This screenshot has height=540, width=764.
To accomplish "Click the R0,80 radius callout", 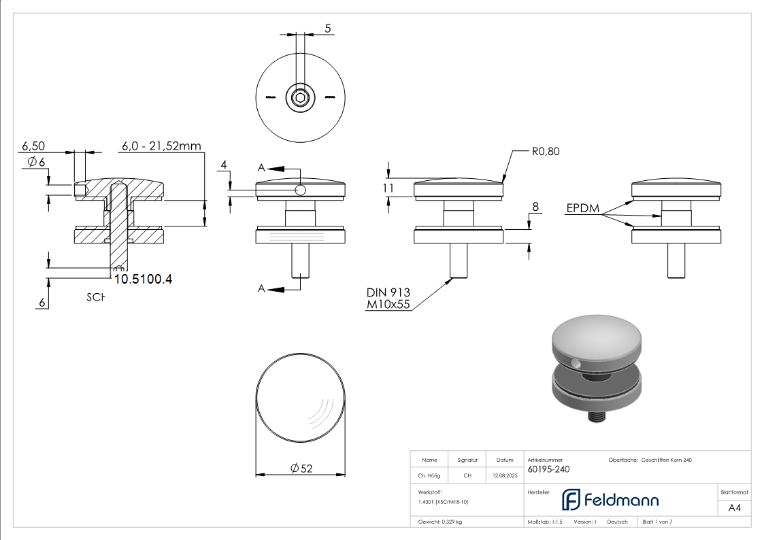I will point(545,152).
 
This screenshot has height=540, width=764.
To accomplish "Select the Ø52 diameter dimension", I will point(301,468).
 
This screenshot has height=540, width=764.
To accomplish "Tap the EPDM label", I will point(583,209).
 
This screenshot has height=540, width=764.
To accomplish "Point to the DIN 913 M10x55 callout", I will point(388,298).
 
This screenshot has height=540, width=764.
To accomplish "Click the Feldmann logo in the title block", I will point(610,500).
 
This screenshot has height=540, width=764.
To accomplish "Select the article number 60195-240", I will point(548,469).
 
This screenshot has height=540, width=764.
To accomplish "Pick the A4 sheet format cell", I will point(734,507).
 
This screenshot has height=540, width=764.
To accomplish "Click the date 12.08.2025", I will point(504,476).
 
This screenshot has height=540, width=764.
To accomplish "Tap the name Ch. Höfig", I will point(429,476).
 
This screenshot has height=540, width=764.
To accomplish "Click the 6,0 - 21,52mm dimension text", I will point(161,146).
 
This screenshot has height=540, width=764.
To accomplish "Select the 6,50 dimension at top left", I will point(33,146).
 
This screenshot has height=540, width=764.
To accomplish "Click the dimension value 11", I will point(388,188).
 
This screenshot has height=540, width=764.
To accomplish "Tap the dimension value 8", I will point(535,206).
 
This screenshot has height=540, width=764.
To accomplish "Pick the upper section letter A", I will point(261,167).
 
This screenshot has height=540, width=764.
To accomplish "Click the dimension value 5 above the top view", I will point(328,29).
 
